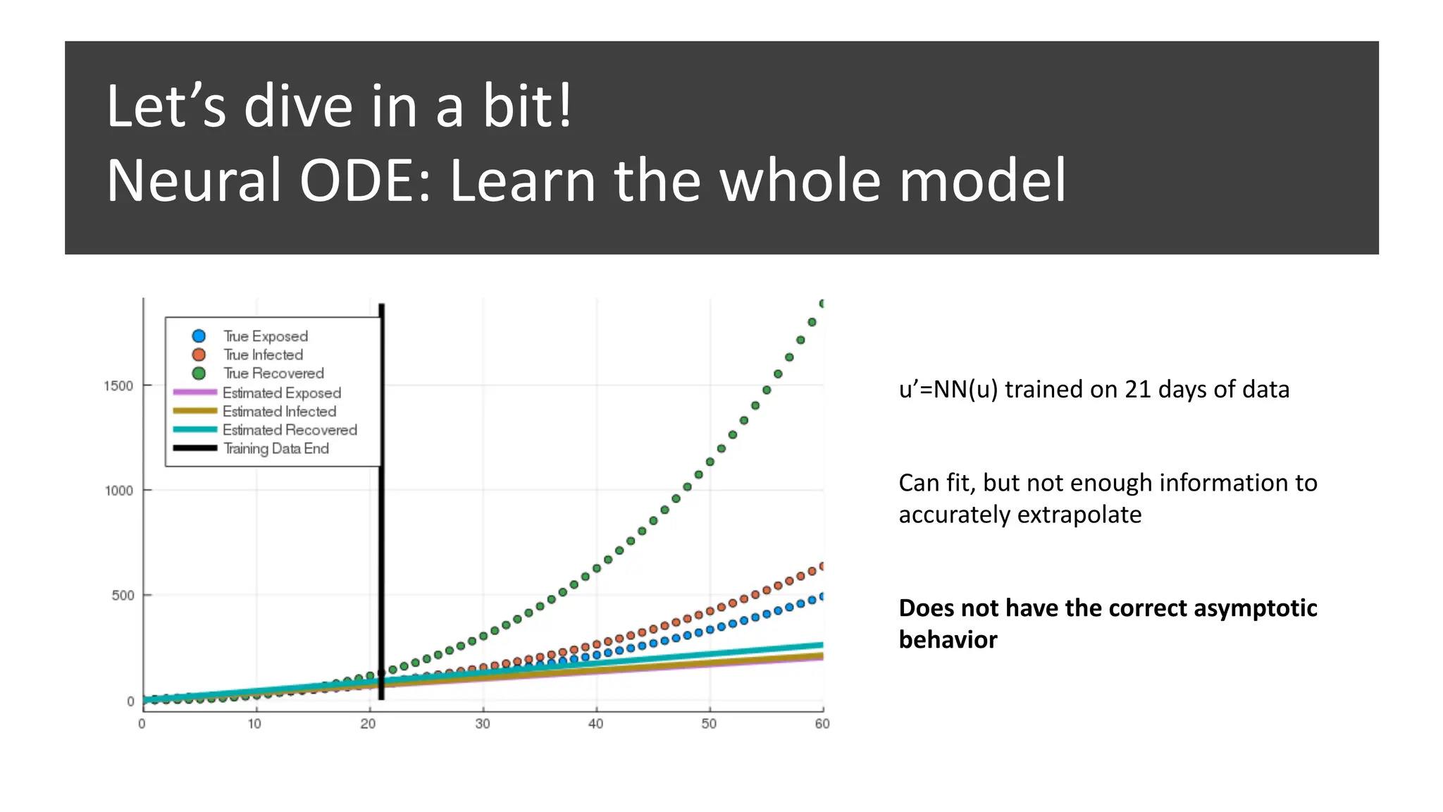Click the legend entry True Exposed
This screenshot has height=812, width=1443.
click(x=265, y=336)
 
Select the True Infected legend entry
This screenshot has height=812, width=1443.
click(x=263, y=355)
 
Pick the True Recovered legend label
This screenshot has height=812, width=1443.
click(x=273, y=373)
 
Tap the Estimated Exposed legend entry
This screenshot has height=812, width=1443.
click(x=281, y=393)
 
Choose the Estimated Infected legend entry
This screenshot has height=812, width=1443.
click(x=279, y=411)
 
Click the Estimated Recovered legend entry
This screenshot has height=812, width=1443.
click(x=289, y=429)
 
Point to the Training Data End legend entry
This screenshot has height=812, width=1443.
click(x=275, y=448)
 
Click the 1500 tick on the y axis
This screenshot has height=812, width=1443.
click(x=118, y=386)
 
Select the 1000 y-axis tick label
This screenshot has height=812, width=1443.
click(x=118, y=491)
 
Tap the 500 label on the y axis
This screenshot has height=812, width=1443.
click(x=122, y=596)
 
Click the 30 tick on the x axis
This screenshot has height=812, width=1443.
click(x=483, y=724)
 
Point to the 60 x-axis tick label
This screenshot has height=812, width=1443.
click(x=822, y=724)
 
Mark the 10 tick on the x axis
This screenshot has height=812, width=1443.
click(x=254, y=724)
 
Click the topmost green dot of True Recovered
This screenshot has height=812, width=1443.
click(x=822, y=304)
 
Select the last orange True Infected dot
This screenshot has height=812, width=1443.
click(x=822, y=567)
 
